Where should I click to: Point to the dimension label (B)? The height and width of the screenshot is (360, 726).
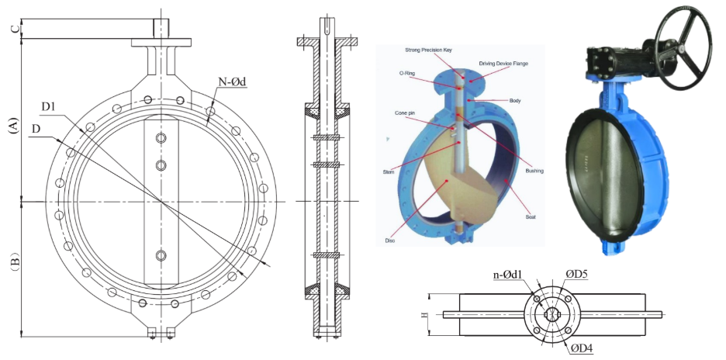(13, 264)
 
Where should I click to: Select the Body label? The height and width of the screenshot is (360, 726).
(515, 101)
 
